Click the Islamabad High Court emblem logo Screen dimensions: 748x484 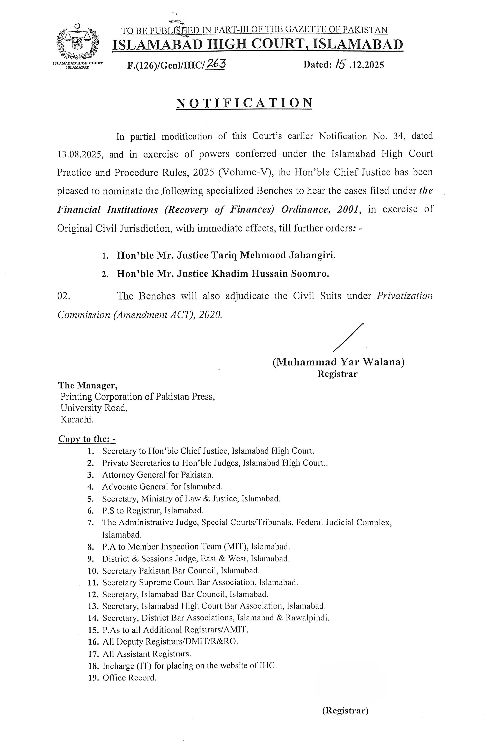[x=78, y=42]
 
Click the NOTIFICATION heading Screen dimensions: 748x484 [x=244, y=103]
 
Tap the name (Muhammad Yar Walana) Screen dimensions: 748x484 [x=339, y=362]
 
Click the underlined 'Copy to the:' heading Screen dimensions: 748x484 [x=87, y=439]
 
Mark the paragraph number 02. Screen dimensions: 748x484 [x=64, y=296]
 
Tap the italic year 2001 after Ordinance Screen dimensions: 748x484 [x=348, y=210]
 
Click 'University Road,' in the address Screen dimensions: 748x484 [x=94, y=408]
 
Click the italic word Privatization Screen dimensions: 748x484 [x=404, y=296]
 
